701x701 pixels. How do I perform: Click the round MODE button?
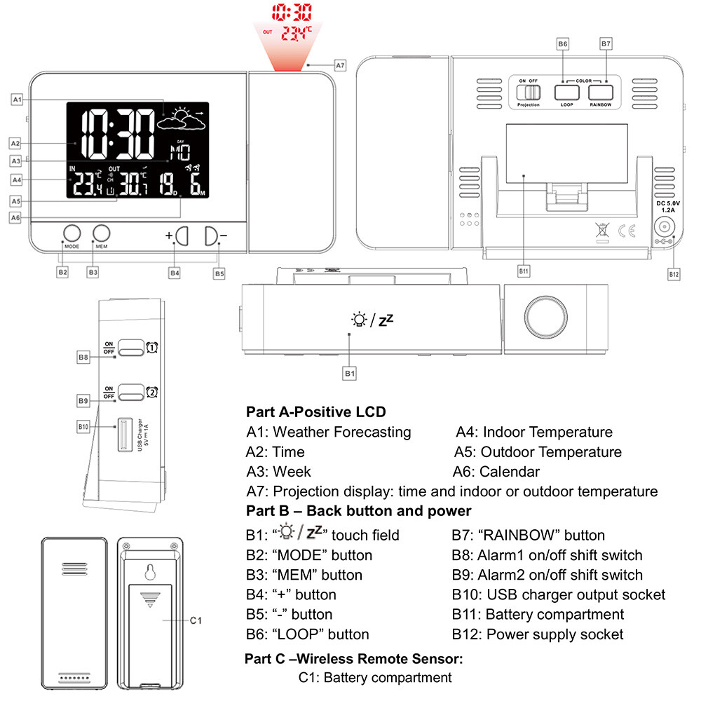point(72,233)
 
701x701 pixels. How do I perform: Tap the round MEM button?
point(102,233)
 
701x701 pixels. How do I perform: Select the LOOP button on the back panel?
point(566,92)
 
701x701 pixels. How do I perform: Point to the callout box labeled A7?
point(340,65)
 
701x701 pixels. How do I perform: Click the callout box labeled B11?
point(522,269)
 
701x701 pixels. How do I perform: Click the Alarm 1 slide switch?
point(130,348)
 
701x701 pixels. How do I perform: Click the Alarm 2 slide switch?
point(130,393)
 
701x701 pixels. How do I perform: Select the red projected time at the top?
point(293,13)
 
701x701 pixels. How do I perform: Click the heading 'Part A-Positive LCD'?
point(315,412)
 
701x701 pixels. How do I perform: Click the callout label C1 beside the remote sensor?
point(196,620)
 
